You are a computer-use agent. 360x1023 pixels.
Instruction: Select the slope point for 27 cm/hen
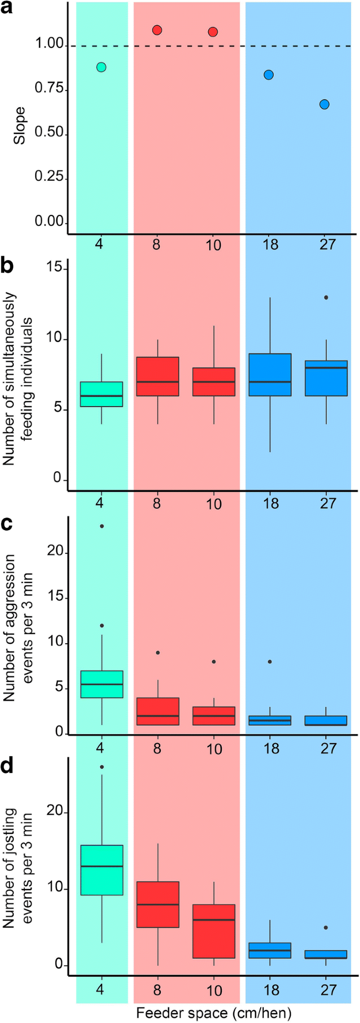pos(324,105)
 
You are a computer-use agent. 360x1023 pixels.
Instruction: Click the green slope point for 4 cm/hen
pos(101,67)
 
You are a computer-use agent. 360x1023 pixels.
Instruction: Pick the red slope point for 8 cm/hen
pos(157,30)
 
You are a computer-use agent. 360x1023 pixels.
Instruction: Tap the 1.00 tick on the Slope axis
pos(50,46)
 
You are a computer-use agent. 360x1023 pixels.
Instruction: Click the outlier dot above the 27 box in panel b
pos(326,297)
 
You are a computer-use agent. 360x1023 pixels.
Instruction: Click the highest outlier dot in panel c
pos(101,526)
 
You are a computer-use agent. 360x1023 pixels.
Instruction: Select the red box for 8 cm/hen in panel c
pos(157,711)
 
